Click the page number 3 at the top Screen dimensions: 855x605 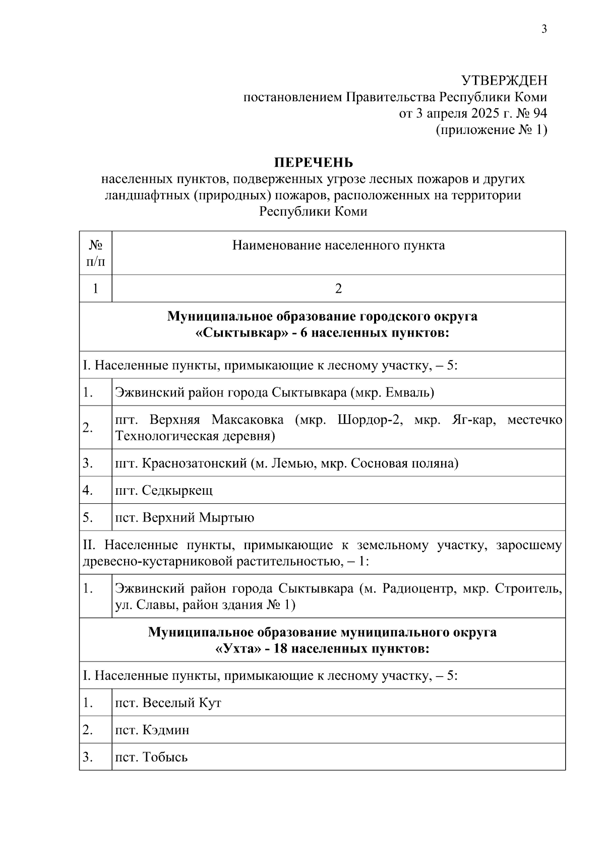pyautogui.click(x=544, y=29)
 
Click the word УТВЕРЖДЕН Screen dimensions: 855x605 pyautogui.click(x=505, y=81)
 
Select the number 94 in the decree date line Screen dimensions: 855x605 pyautogui.click(x=539, y=113)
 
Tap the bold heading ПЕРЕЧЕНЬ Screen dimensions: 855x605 pyautogui.click(x=313, y=163)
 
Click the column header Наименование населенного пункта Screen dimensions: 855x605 pyautogui.click(x=338, y=245)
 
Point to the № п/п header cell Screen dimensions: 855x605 pyautogui.click(x=95, y=253)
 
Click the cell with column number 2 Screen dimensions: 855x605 pyautogui.click(x=338, y=289)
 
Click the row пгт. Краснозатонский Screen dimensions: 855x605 pyautogui.click(x=287, y=463)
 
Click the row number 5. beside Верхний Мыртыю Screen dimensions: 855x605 pyautogui.click(x=88, y=517)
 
